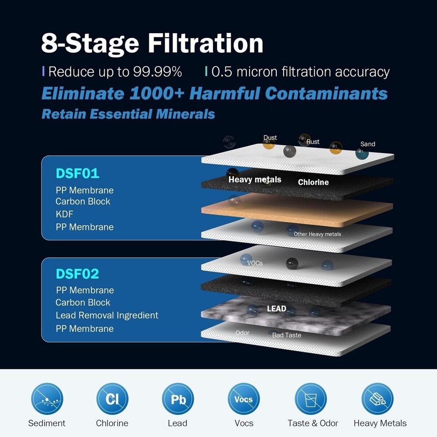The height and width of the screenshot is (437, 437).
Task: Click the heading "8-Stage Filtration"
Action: tap(152, 43)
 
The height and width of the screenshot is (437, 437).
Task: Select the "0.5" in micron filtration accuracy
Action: tap(222, 72)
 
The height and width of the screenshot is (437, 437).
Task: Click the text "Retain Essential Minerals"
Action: tap(128, 113)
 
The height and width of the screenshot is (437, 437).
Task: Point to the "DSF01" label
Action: tap(77, 173)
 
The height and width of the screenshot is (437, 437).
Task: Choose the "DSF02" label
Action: tap(77, 274)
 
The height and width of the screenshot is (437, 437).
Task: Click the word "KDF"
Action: tap(64, 214)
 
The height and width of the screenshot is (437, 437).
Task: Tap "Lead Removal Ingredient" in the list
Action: tap(107, 315)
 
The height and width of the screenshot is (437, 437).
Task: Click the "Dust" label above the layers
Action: tap(270, 137)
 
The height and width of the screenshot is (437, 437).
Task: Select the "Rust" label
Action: tap(313, 142)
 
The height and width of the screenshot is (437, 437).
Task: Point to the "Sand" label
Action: tap(368, 144)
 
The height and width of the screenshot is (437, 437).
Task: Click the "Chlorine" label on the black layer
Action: tap(313, 183)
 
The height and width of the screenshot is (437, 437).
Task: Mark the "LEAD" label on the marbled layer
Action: tap(276, 309)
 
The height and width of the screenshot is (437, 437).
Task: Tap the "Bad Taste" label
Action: tap(286, 335)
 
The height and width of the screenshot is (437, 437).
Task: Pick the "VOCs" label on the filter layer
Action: tap(255, 263)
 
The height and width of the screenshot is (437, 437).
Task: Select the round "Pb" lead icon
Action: tap(178, 399)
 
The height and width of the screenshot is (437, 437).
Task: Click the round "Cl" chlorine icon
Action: tap(112, 399)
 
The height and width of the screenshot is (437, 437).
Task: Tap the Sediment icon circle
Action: tap(47, 399)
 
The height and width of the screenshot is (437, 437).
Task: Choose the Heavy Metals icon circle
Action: tap(377, 399)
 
